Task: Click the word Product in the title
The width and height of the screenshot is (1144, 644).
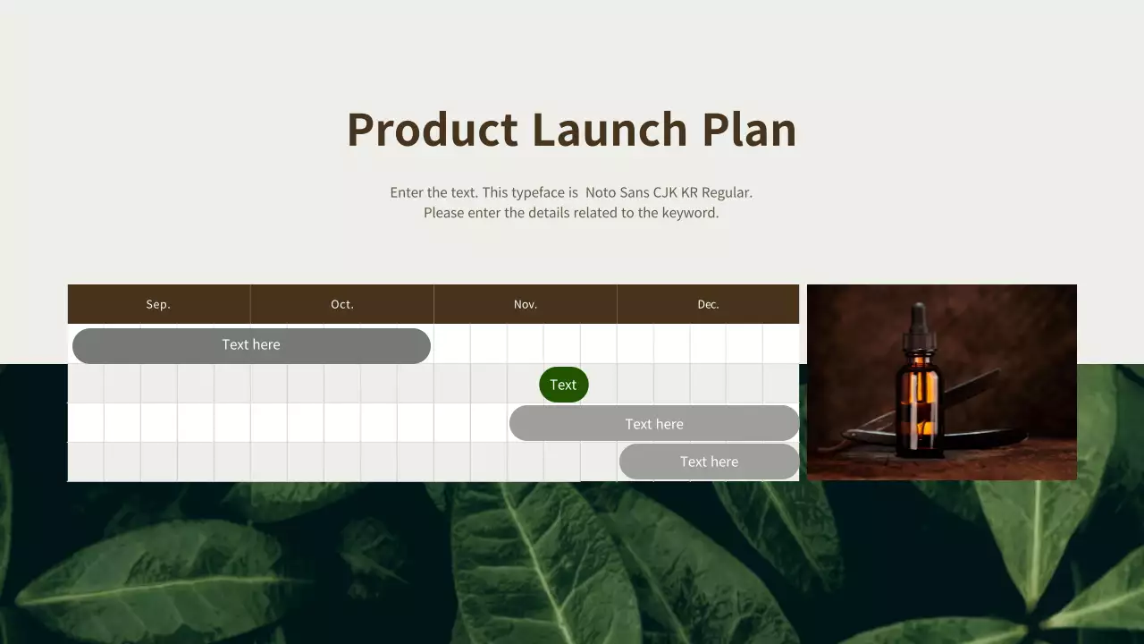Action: pos(432,130)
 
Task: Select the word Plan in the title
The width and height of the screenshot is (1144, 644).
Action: pos(749,130)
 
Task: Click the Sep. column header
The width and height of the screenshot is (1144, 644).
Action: pos(158,304)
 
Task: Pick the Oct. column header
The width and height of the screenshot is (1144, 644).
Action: pos(342,304)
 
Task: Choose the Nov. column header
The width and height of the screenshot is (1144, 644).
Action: pos(526,304)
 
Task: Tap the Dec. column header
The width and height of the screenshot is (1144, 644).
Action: pos(708,304)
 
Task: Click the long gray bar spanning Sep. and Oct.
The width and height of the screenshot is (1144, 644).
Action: pos(251,345)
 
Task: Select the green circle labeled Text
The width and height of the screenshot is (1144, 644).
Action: pos(563,385)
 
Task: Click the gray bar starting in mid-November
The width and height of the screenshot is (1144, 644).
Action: pos(654,424)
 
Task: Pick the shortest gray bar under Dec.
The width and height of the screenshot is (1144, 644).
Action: pos(709,462)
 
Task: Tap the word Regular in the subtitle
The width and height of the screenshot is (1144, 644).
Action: pos(727,192)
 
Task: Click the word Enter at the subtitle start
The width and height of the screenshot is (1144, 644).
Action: pos(407,192)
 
